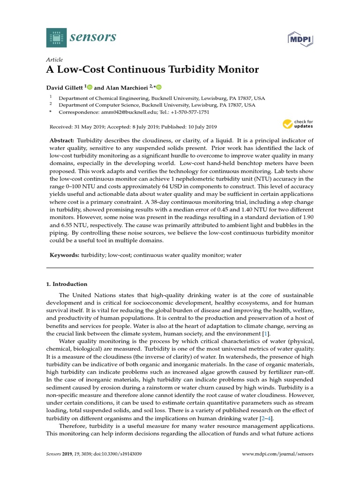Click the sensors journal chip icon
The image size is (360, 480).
pyautogui.click(x=56, y=37)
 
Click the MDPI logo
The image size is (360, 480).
pyautogui.click(x=300, y=39)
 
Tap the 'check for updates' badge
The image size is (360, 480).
pyautogui.click(x=298, y=125)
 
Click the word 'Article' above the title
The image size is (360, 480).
pyautogui.click(x=54, y=60)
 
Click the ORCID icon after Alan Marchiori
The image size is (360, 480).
pyautogui.click(x=159, y=87)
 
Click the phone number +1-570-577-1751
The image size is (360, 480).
pyautogui.click(x=187, y=112)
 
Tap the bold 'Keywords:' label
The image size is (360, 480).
pyautogui.click(x=65, y=255)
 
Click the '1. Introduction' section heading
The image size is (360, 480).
pyautogui.click(x=67, y=284)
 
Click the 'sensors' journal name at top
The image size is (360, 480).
pyautogui.click(x=93, y=37)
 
